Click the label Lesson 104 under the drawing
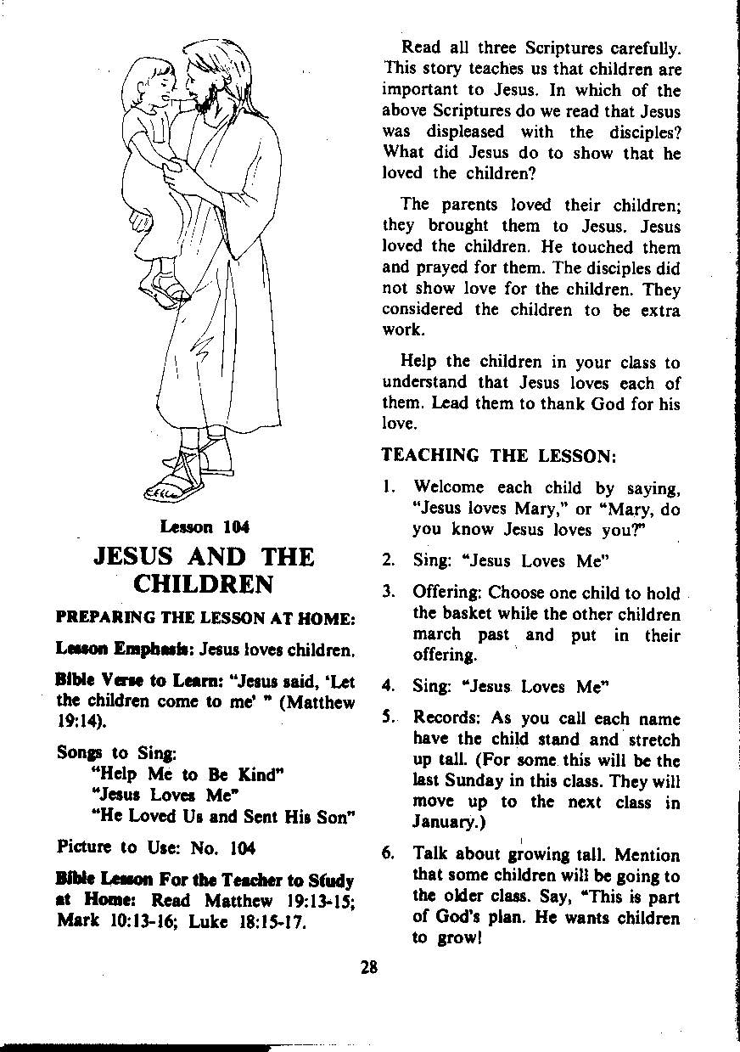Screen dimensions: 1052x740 (206, 526)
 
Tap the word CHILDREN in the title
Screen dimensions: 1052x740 (204, 586)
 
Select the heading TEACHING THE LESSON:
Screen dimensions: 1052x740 (498, 455)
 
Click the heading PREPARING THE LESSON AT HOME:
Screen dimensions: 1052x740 (204, 619)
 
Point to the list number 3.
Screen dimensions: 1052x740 (388, 592)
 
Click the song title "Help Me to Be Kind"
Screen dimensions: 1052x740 (187, 774)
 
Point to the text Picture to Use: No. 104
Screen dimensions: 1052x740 (156, 847)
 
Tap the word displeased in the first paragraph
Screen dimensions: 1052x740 (465, 132)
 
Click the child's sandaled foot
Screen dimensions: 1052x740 (164, 290)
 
